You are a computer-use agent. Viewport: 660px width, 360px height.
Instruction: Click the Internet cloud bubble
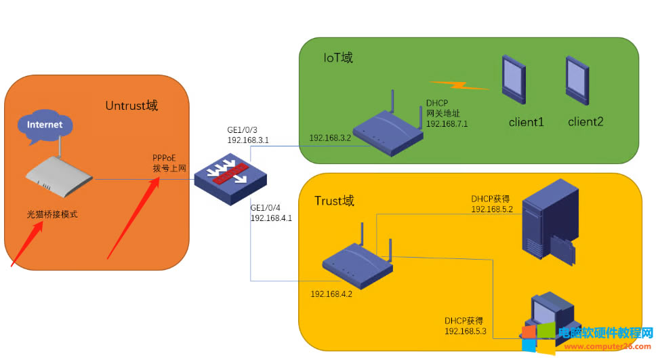tap(45, 125)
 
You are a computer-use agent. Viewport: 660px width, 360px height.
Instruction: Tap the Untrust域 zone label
tap(131, 106)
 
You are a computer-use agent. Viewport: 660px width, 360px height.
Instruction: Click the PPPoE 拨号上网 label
tap(167, 163)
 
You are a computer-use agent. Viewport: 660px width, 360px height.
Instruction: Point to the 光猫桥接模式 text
tap(52, 214)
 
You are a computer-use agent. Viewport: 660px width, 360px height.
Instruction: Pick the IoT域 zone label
tap(338, 58)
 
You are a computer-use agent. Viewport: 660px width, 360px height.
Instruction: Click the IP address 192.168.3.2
tap(330, 138)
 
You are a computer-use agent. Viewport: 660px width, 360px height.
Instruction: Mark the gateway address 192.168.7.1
tap(447, 124)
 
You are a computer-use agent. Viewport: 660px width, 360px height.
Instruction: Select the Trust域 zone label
tap(335, 201)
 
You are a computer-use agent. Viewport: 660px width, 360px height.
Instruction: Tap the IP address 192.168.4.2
tap(331, 294)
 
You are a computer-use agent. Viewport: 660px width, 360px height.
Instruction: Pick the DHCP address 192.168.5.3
tap(466, 330)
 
